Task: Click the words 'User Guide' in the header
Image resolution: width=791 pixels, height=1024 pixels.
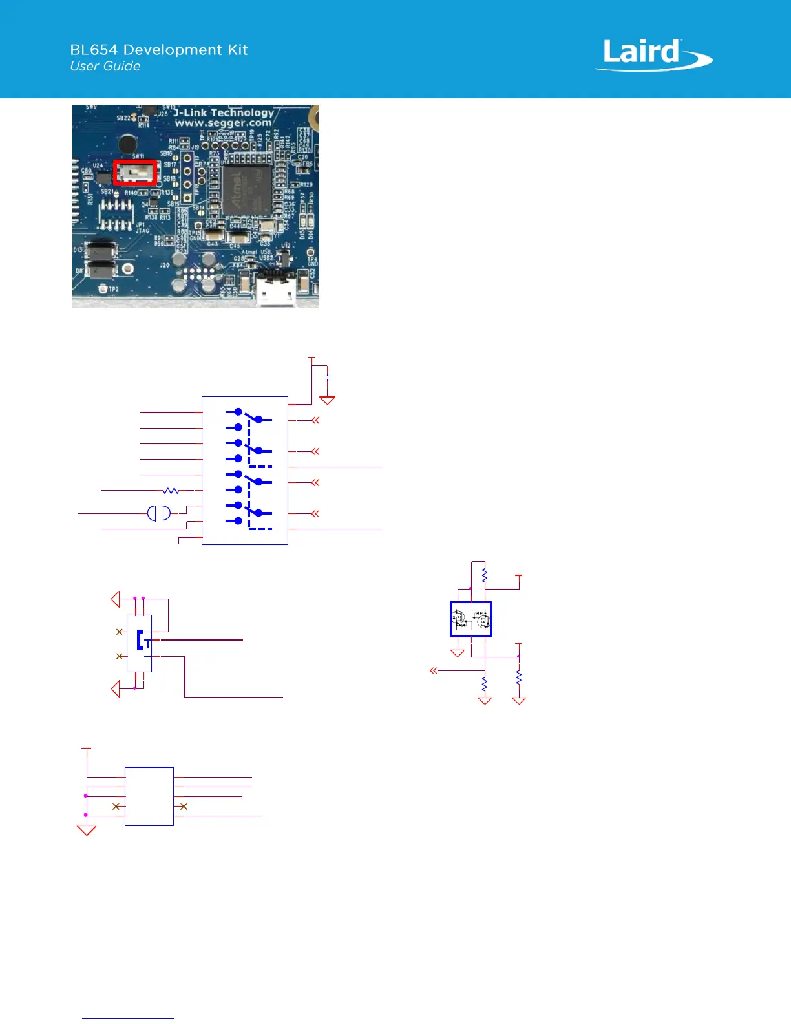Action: click(105, 66)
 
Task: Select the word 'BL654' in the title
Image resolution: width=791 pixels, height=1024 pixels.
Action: click(94, 50)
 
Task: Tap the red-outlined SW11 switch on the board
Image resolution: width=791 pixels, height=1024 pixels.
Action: click(136, 173)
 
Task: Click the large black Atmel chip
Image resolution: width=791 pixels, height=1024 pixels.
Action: click(247, 190)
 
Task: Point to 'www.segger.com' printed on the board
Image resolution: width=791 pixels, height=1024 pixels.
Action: click(223, 123)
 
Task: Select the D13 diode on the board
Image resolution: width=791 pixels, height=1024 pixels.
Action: click(101, 250)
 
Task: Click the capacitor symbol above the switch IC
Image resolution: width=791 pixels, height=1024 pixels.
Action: click(327, 377)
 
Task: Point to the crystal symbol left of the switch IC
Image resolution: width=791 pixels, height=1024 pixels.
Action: click(159, 513)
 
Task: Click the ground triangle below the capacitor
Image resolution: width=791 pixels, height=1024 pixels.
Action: click(328, 400)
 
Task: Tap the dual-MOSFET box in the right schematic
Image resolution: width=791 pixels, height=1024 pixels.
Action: click(471, 619)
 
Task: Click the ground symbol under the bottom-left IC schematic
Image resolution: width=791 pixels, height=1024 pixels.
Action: click(87, 830)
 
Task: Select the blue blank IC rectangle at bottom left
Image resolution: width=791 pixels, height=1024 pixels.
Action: click(149, 796)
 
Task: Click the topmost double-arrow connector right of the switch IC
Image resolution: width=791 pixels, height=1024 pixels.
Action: click(315, 420)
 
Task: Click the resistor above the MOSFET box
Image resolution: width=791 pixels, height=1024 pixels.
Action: click(485, 575)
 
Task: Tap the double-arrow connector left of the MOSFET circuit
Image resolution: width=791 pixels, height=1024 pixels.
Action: click(434, 671)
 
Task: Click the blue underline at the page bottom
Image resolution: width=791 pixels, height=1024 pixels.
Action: click(128, 1019)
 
